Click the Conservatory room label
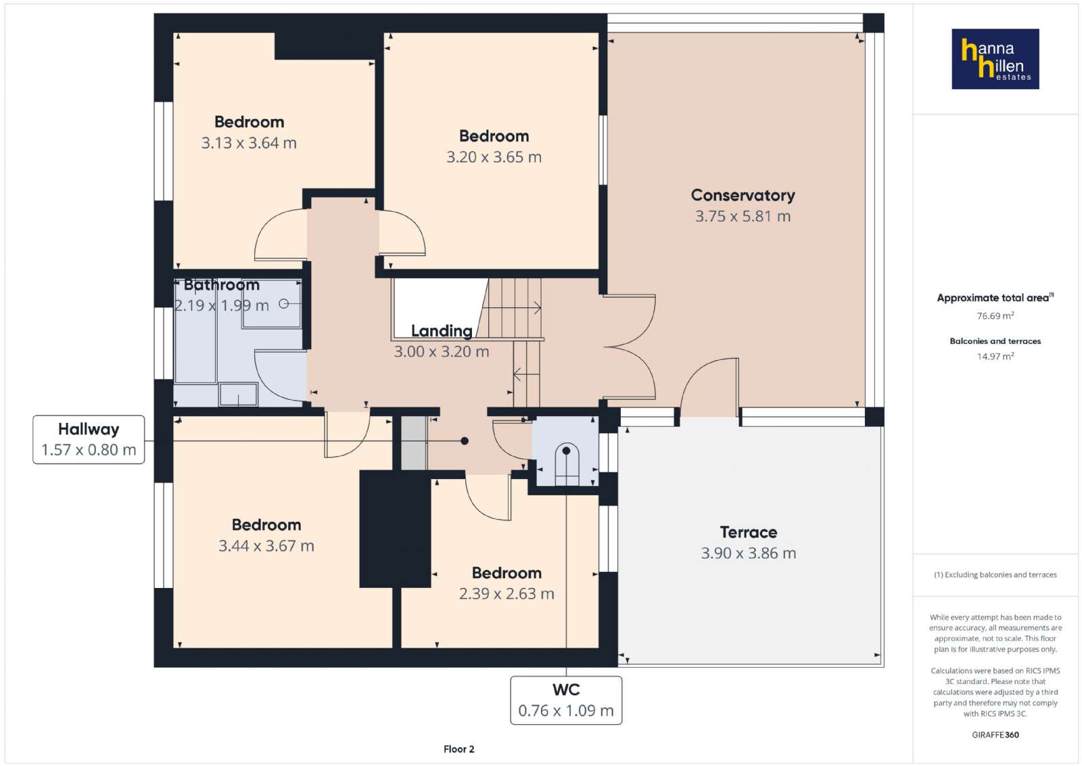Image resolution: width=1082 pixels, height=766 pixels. coord(743,196)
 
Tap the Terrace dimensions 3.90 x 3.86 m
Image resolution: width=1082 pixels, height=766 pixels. coord(748,553)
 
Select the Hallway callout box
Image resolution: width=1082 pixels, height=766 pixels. coord(89,440)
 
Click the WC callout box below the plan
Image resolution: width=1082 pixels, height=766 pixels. coord(566,700)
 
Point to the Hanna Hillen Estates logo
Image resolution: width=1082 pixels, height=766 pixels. coord(995,59)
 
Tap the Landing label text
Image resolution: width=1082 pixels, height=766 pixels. coord(442,331)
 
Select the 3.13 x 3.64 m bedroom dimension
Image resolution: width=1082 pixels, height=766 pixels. coord(249,143)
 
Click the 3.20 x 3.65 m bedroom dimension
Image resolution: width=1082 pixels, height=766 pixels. coord(494,157)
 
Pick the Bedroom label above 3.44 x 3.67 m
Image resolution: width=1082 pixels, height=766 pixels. coord(266,525)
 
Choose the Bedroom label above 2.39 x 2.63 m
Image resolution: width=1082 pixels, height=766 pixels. coord(507,572)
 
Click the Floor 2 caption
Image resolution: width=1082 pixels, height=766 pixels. coord(459,749)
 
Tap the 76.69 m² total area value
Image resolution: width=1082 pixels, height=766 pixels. coord(995,315)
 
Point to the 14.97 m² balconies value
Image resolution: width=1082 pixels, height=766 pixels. coord(995,356)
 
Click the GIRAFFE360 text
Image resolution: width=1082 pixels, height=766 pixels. coord(995,735)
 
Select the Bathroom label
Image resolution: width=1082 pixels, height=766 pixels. coord(222,285)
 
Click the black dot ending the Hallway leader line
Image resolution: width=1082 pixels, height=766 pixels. coord(464,441)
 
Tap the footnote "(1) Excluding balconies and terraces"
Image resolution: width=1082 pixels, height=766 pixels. coord(995,574)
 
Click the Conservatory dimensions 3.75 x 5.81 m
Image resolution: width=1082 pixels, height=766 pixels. coord(743,216)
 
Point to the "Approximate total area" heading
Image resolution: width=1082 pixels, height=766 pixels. coord(993,298)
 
